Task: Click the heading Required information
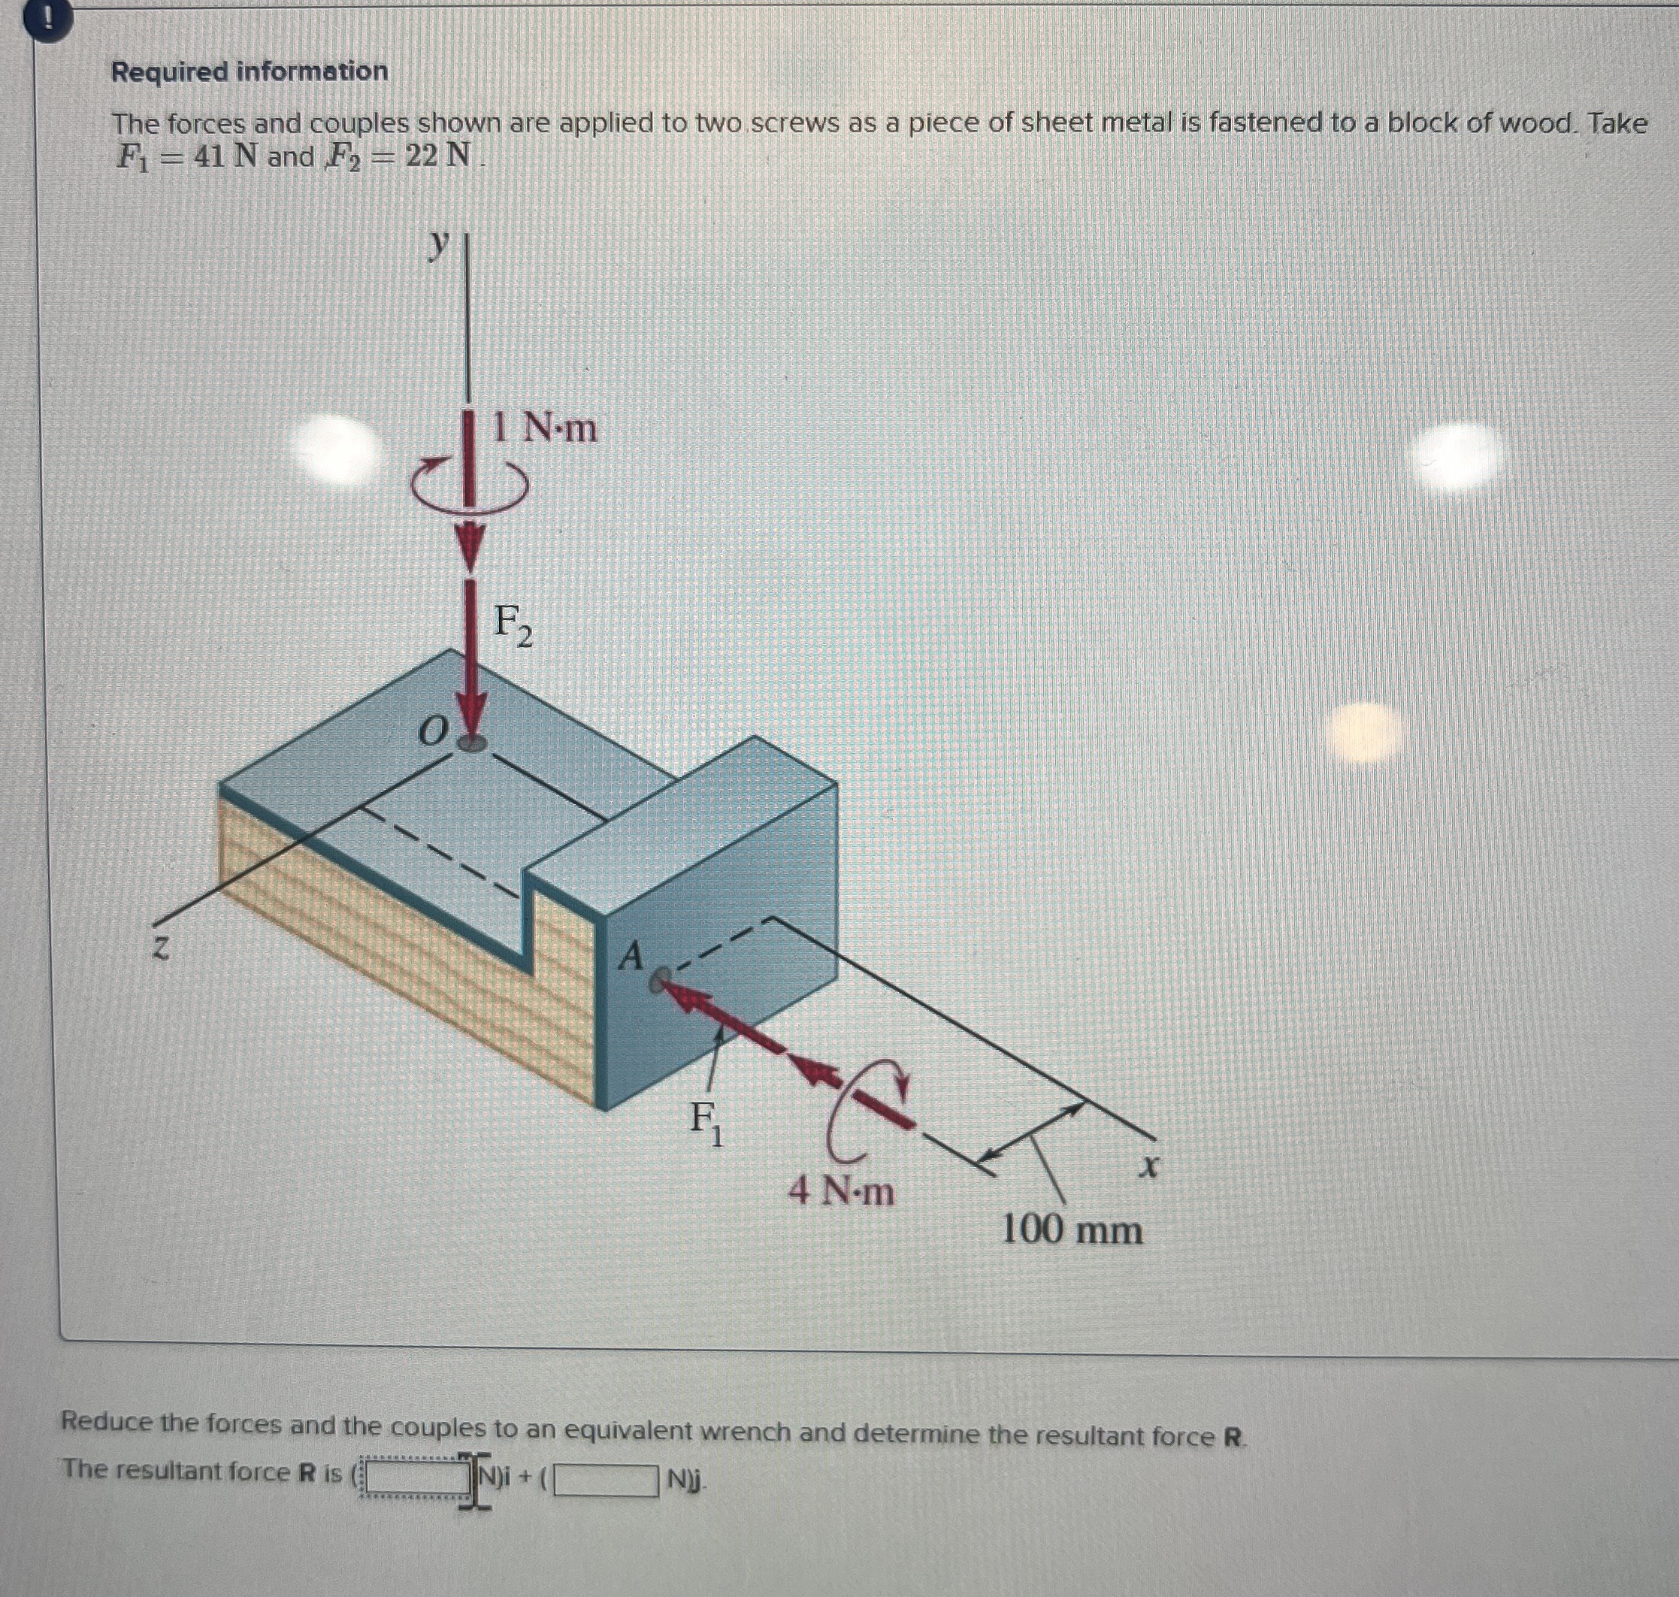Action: click(x=250, y=71)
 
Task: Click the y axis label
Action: click(x=437, y=244)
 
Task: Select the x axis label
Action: click(x=1149, y=1165)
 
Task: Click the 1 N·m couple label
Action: click(x=546, y=428)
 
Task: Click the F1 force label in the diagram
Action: click(x=706, y=1123)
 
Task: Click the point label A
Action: click(x=631, y=956)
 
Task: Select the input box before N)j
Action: click(x=607, y=1482)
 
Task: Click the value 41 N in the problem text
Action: click(x=225, y=158)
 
